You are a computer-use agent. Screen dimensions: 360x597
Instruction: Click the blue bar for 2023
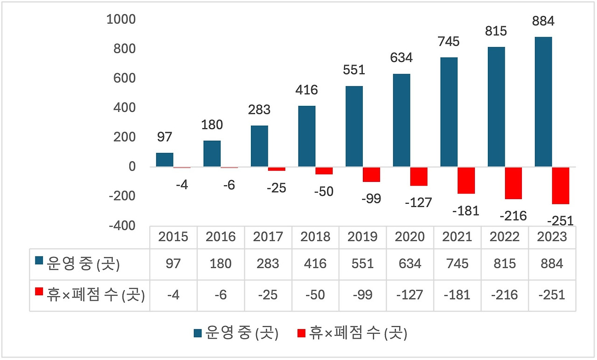click(x=543, y=102)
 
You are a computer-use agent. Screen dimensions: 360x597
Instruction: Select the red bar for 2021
click(x=466, y=180)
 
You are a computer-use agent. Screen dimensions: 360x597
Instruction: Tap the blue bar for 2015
click(x=165, y=159)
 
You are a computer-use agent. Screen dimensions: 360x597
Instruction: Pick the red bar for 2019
click(x=371, y=174)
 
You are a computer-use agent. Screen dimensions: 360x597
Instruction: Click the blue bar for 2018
click(x=307, y=136)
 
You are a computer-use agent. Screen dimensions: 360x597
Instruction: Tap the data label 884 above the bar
click(x=543, y=21)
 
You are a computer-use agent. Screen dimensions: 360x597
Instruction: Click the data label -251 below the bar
click(x=560, y=221)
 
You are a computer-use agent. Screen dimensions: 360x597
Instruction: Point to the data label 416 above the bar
click(x=306, y=90)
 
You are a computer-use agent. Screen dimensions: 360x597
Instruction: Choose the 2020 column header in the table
click(x=410, y=237)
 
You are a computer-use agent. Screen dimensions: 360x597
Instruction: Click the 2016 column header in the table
click(x=221, y=237)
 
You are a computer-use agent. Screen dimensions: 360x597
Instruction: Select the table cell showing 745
click(x=457, y=264)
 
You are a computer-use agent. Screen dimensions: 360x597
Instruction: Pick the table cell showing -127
click(x=410, y=295)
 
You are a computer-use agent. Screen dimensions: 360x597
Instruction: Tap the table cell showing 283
click(x=268, y=264)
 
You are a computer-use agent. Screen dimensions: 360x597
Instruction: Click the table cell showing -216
click(x=505, y=295)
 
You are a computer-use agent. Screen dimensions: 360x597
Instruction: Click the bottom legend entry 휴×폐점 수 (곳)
click(x=357, y=334)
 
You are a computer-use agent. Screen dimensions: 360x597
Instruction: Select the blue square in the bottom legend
click(x=198, y=334)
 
